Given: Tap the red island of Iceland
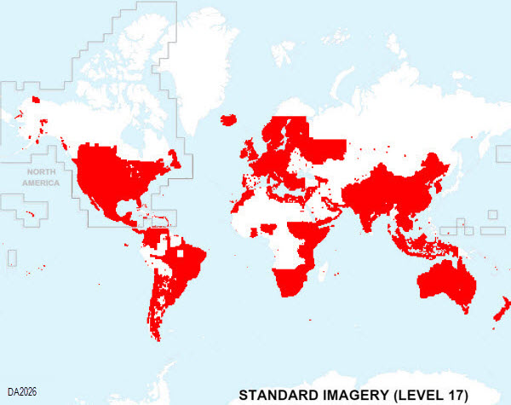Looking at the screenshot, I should (228, 120).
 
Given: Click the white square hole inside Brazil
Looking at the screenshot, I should (181, 254).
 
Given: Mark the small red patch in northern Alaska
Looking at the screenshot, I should (35, 101).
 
